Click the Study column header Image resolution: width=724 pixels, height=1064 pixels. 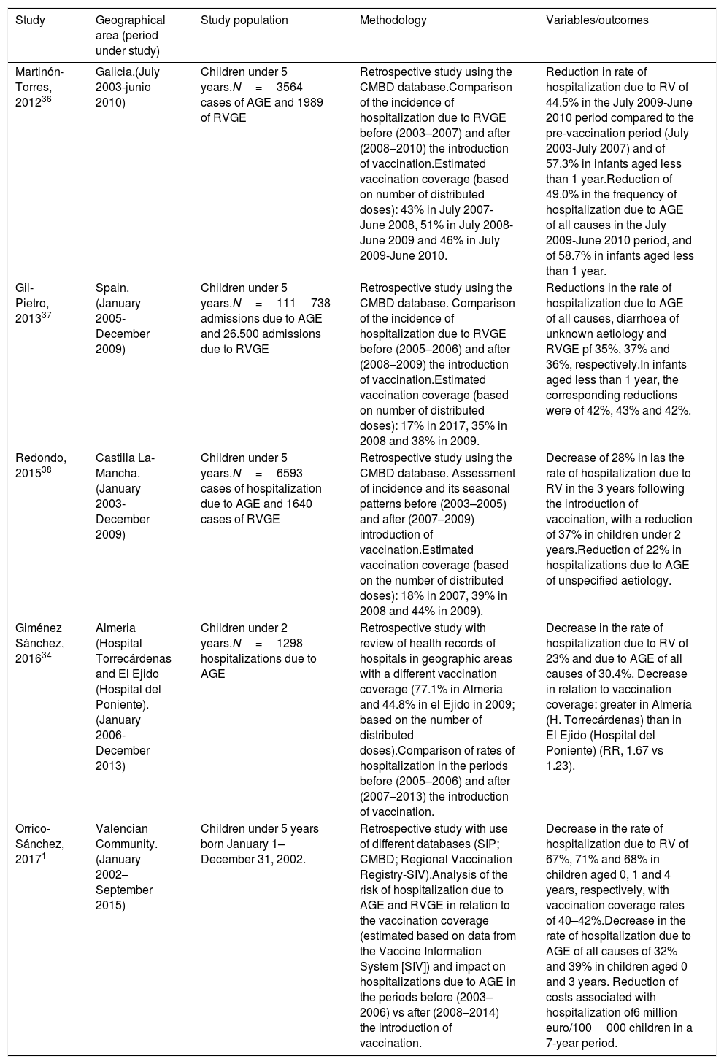coord(30,20)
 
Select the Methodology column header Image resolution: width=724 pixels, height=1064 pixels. coord(393,20)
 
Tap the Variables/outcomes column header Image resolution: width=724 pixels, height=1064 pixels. coord(597,20)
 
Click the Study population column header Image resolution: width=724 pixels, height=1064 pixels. coord(244,20)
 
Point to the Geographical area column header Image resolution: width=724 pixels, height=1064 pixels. coord(131,35)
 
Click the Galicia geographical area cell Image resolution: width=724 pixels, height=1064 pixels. coord(126,88)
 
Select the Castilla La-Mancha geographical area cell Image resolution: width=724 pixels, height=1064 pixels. coord(126,496)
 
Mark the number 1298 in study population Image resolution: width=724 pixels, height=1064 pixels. coord(290,643)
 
